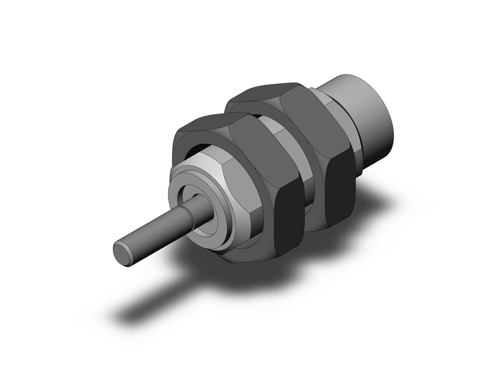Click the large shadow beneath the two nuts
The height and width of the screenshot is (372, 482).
pos(270,275)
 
